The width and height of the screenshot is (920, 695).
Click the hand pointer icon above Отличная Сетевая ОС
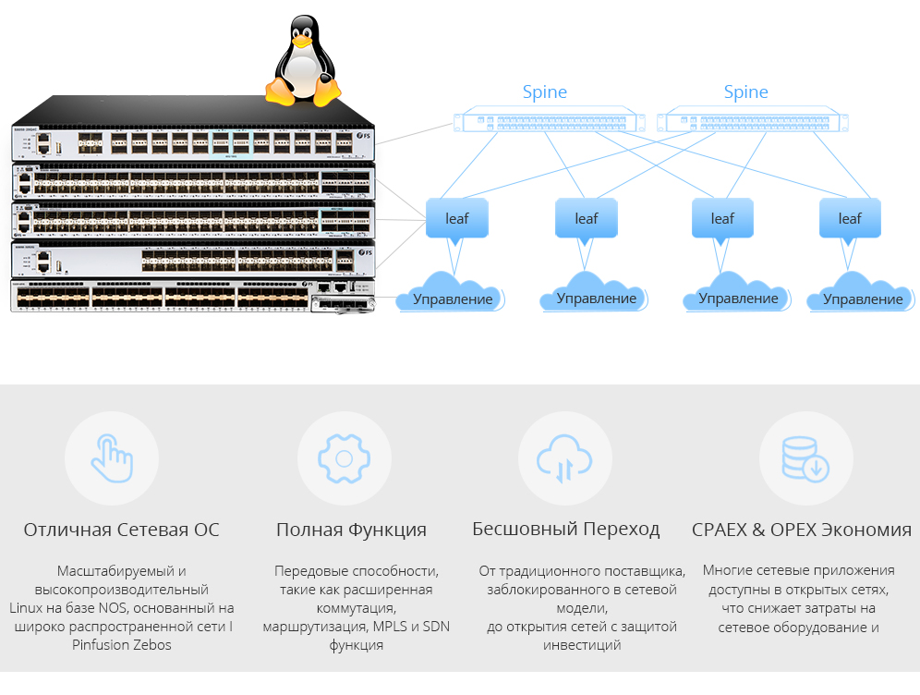[x=111, y=457]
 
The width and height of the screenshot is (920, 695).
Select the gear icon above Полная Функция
[x=344, y=457]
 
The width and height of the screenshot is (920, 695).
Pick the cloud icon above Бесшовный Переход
[x=565, y=457]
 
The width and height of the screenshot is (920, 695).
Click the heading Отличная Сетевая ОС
[x=122, y=530]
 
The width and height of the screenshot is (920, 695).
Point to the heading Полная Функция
[x=351, y=530]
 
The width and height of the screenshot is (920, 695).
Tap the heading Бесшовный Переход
[x=565, y=530]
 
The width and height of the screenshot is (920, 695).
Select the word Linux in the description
[x=29, y=607]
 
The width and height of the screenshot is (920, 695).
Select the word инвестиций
[x=582, y=644]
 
